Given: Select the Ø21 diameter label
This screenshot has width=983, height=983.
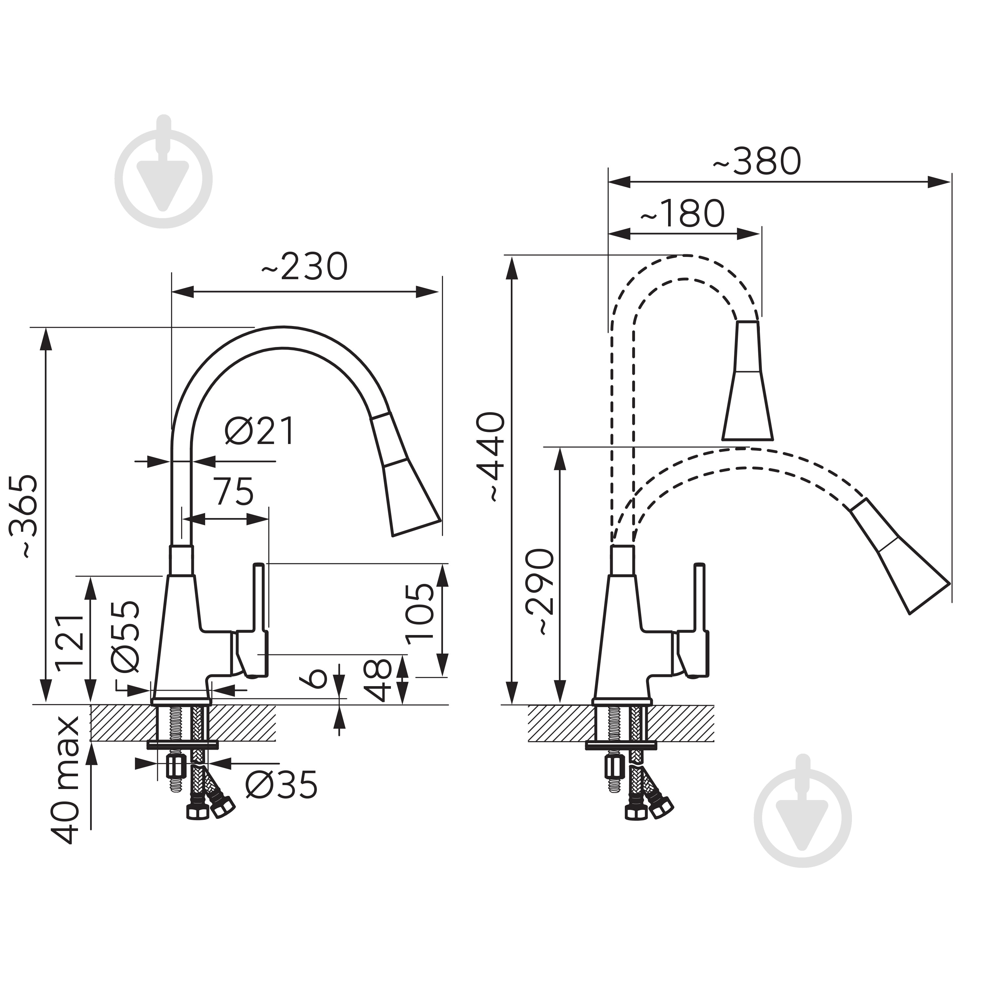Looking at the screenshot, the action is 260,432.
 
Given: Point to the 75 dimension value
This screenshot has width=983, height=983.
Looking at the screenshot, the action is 233,491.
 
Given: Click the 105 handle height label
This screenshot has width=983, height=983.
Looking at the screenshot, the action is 419,610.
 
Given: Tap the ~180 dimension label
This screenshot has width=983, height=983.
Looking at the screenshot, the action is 682,214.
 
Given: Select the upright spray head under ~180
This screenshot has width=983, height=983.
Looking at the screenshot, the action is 747,380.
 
